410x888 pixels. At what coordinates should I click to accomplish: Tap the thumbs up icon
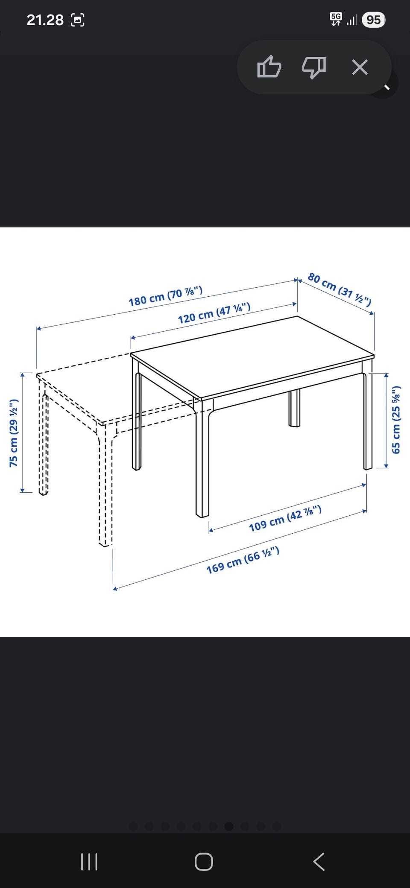click(269, 67)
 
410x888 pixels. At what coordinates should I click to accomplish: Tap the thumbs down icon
click(314, 67)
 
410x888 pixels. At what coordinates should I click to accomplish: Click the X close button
click(360, 67)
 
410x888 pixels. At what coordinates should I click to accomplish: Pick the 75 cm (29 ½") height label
click(14, 433)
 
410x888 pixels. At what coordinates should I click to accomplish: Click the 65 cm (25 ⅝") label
click(396, 420)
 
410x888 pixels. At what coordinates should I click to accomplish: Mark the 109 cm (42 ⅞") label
click(285, 518)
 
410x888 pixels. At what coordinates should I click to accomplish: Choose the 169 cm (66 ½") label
click(243, 560)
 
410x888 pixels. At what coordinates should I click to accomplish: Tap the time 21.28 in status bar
click(45, 20)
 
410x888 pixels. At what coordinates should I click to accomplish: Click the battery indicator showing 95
click(373, 20)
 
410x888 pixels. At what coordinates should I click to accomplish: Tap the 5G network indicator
click(336, 19)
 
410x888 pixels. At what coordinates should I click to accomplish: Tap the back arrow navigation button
click(319, 862)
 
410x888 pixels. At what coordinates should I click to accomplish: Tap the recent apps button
click(89, 862)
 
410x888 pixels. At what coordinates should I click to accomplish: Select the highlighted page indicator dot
click(229, 827)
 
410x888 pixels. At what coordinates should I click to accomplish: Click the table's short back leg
click(294, 408)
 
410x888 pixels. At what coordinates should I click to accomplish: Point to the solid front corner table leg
click(202, 461)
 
